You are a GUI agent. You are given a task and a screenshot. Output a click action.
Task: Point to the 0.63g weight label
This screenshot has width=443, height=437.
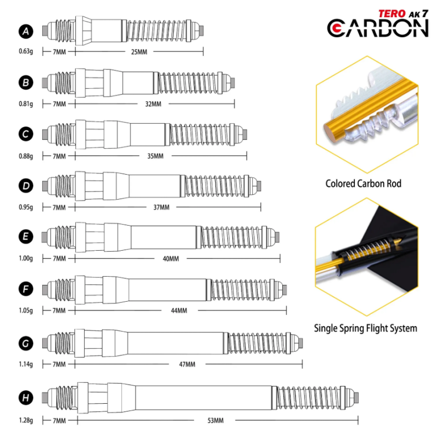click(x=26, y=52)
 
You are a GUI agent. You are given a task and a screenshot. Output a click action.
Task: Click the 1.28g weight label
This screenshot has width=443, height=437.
click(x=26, y=420)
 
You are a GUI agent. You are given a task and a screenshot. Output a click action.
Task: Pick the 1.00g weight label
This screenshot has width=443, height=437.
click(x=26, y=258)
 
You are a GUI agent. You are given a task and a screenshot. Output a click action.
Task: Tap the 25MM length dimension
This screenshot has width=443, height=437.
click(x=139, y=52)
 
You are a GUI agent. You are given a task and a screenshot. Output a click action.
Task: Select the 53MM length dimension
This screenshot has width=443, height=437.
click(x=215, y=420)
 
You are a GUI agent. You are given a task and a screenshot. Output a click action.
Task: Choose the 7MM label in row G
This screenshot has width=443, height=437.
click(x=59, y=364)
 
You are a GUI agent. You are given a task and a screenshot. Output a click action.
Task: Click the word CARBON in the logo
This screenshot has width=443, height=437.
click(x=378, y=28)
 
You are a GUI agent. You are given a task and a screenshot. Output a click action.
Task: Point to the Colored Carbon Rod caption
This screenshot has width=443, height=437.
click(x=363, y=184)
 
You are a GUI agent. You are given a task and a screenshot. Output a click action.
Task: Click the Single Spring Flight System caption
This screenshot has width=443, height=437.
click(x=365, y=328)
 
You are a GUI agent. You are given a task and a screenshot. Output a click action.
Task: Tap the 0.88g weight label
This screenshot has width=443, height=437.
click(x=26, y=156)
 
